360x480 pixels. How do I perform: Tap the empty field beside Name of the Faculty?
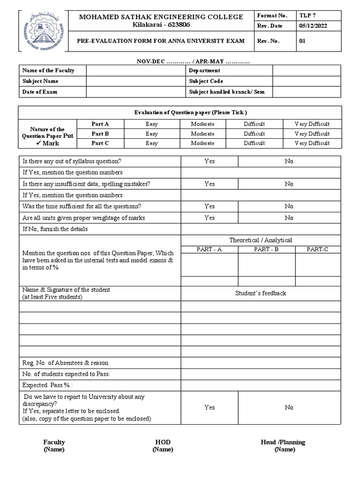(x=135, y=70)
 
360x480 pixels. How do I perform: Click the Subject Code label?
(x=206, y=81)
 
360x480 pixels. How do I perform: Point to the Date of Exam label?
(x=40, y=92)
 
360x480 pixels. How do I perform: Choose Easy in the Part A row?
(x=151, y=124)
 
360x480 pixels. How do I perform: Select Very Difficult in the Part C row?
(x=312, y=143)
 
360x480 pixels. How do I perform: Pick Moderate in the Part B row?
(x=202, y=134)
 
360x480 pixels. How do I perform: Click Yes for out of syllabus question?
(x=210, y=161)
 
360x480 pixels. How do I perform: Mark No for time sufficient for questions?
(x=289, y=206)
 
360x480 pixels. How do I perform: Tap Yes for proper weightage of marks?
(x=210, y=218)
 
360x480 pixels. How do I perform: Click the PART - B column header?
(x=266, y=249)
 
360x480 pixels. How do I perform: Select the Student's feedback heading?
(x=261, y=293)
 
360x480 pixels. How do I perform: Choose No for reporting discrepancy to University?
(x=289, y=407)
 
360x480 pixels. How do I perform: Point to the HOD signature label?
(x=163, y=442)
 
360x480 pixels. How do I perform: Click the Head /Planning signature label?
(x=283, y=442)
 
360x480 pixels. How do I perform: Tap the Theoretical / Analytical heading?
(x=261, y=240)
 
